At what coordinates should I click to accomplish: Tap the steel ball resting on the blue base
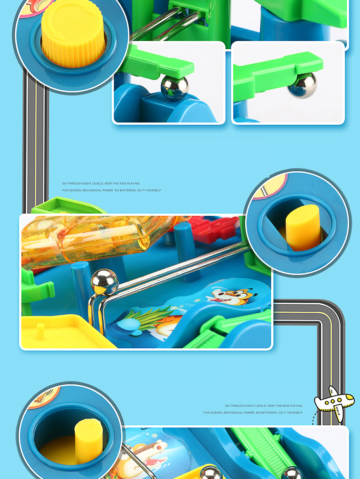coord(175,88)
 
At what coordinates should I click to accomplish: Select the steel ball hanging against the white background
coord(302,85)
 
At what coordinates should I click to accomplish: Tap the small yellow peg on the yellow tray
coord(40,331)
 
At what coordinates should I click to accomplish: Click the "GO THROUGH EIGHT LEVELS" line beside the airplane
coord(264,406)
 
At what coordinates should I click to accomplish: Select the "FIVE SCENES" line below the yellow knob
coord(112,190)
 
